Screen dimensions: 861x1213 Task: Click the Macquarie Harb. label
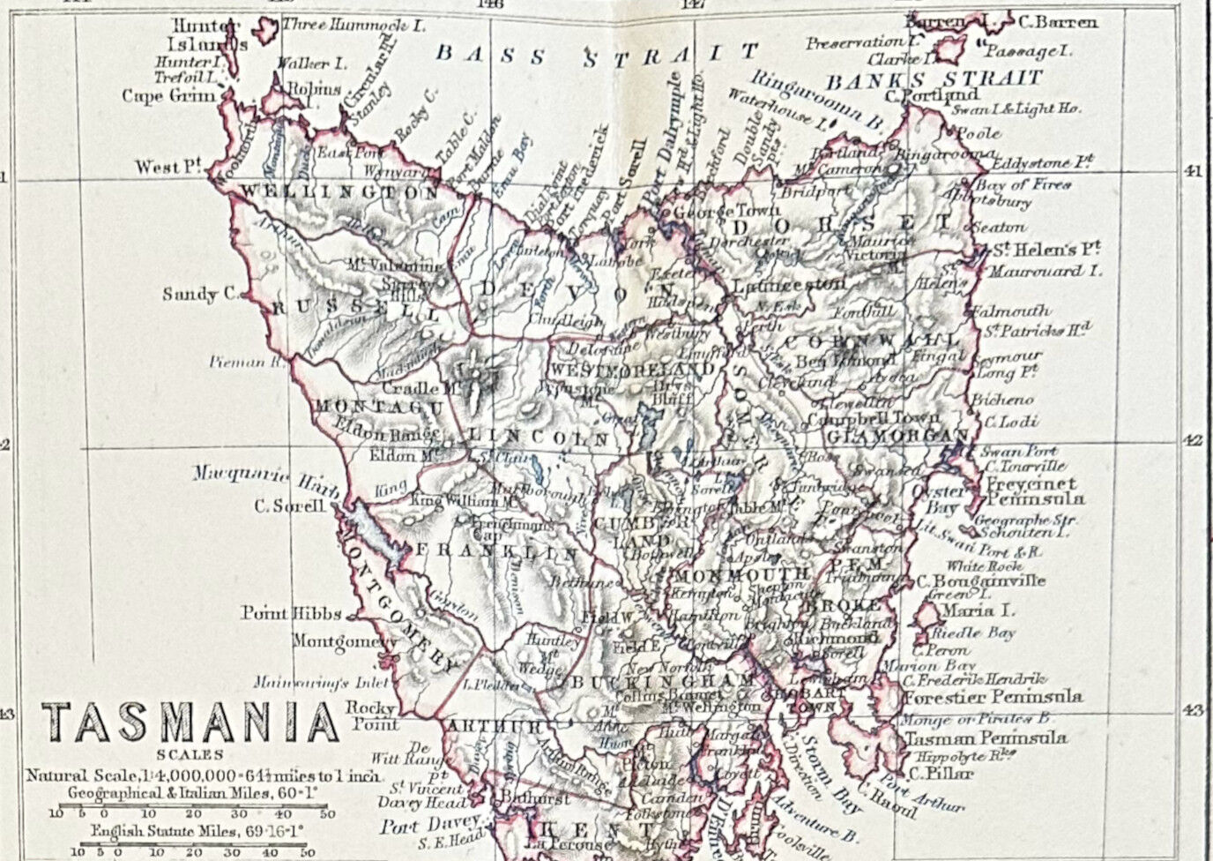(x=255, y=475)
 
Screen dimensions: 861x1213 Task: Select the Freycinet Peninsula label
(x=1022, y=491)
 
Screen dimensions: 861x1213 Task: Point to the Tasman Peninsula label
(x=985, y=738)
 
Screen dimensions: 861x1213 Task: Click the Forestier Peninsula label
(x=992, y=697)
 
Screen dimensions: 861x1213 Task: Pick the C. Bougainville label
(x=980, y=580)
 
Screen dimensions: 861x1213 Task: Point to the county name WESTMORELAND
(x=631, y=369)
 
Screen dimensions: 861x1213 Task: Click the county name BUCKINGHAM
(x=661, y=682)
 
